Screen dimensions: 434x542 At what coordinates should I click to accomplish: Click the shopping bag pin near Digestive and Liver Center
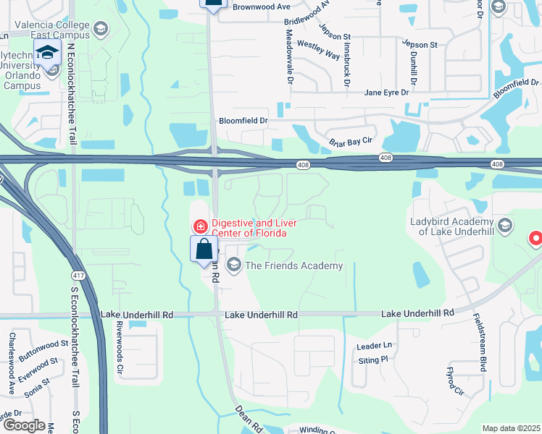click(204, 250)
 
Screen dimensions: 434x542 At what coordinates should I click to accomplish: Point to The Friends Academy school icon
click(234, 265)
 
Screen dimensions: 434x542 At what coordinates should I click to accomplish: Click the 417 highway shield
click(77, 276)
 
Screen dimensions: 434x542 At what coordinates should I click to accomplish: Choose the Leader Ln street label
click(374, 346)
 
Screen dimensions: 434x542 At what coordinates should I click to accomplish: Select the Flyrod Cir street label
click(454, 381)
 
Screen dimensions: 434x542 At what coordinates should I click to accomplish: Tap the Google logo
click(23, 425)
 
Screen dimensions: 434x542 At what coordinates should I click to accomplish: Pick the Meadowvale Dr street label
click(288, 56)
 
